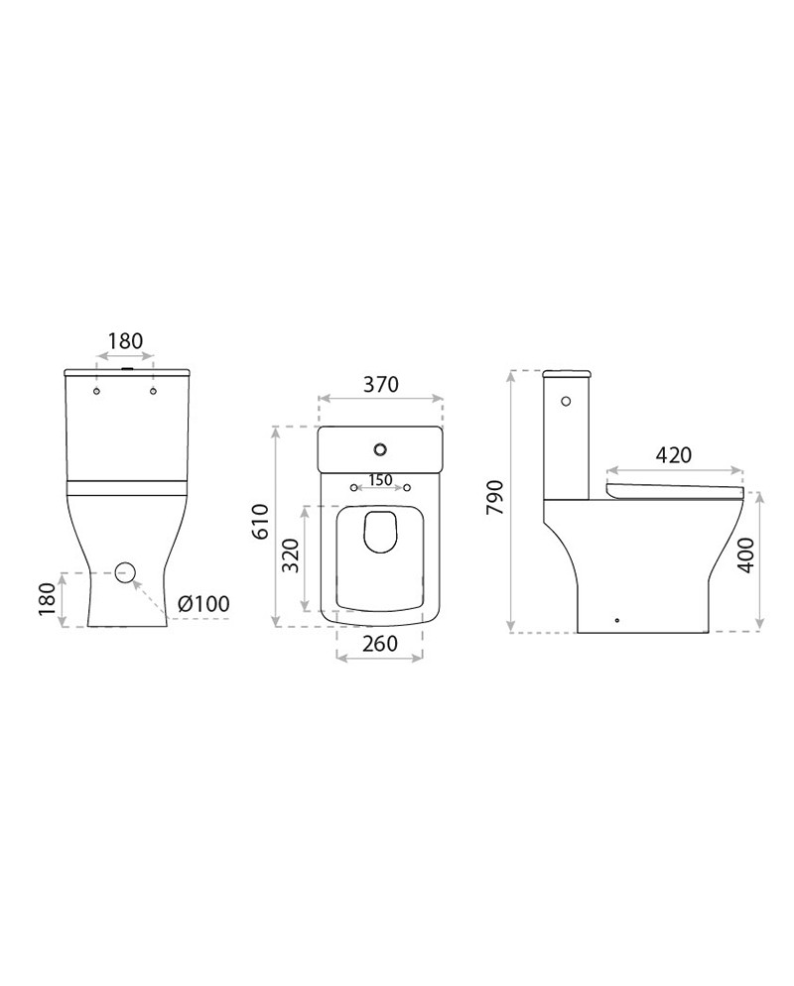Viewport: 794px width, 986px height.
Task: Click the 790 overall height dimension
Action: pyautogui.click(x=496, y=497)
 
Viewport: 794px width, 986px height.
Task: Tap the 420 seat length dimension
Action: pyautogui.click(x=673, y=454)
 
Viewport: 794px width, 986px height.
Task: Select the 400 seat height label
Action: pyautogui.click(x=745, y=555)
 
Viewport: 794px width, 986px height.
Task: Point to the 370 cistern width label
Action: pyautogui.click(x=381, y=384)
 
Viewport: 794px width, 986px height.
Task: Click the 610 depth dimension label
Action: pyautogui.click(x=260, y=522)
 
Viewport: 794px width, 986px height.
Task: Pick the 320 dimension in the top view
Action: pyautogui.click(x=290, y=555)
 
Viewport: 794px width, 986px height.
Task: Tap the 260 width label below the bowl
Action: pyautogui.click(x=380, y=644)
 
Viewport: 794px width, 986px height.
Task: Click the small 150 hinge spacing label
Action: pyautogui.click(x=380, y=480)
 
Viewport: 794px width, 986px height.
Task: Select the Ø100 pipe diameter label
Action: pyautogui.click(x=203, y=604)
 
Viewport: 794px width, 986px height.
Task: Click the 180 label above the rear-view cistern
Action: pyautogui.click(x=125, y=341)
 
